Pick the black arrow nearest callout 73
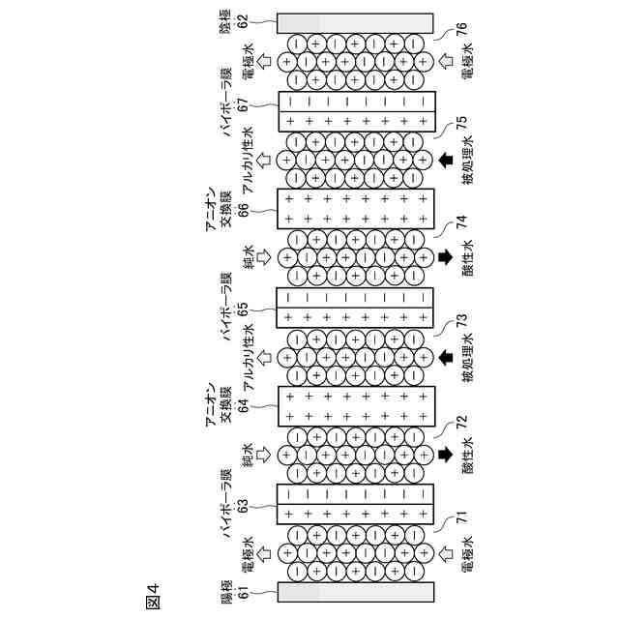pyautogui.click(x=446, y=357)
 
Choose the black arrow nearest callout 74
pyautogui.click(x=446, y=257)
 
